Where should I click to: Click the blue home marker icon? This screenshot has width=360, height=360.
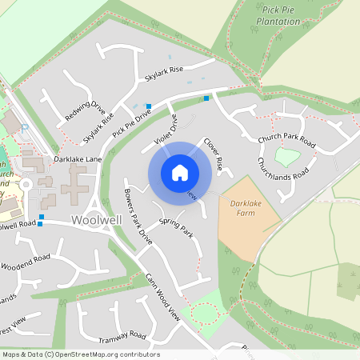point(180,172)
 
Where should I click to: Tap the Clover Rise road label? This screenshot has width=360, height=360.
point(213,150)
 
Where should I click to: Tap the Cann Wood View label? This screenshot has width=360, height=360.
point(163,298)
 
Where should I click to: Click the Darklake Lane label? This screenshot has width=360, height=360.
point(78,160)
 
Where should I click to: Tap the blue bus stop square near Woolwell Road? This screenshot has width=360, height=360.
point(42,217)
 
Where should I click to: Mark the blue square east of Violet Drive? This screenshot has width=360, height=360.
point(206,98)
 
